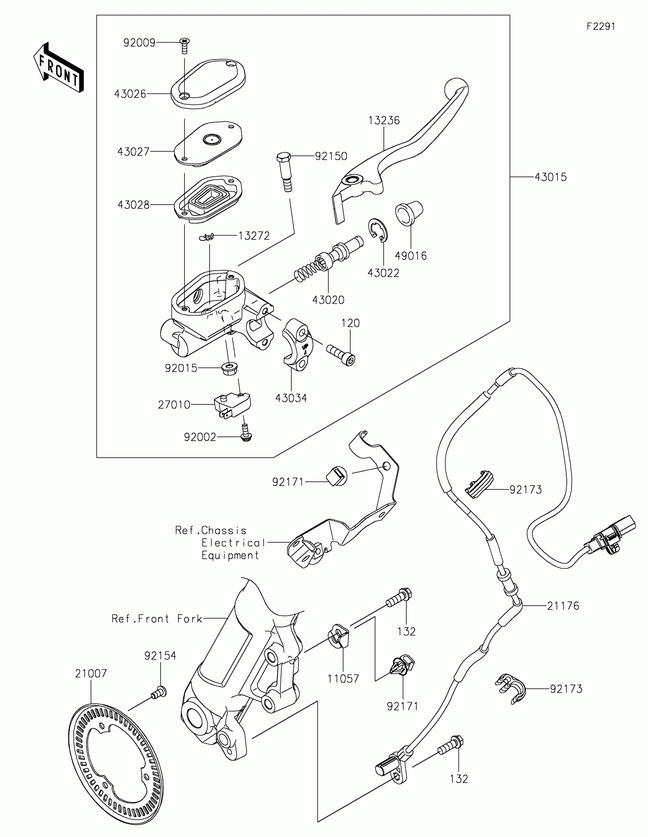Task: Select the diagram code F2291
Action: [601, 26]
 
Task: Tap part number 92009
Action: [139, 43]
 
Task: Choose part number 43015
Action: [550, 177]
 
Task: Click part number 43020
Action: [328, 300]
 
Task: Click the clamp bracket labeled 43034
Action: [297, 344]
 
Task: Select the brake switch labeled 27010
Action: [232, 405]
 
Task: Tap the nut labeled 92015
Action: [229, 369]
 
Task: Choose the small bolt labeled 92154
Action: [158, 692]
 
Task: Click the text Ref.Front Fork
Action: [157, 619]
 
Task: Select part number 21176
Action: [563, 606]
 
